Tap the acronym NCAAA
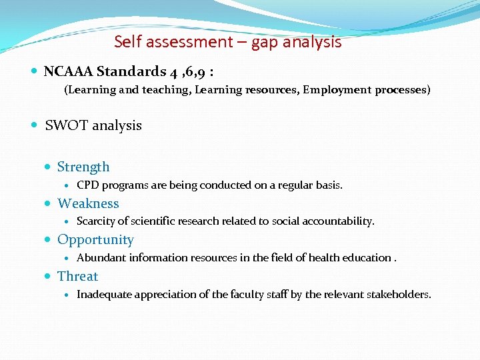coord(69,71)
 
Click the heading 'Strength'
coord(83,167)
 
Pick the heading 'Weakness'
coord(88,203)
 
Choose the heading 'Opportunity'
coord(95,239)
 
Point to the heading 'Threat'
coord(77,276)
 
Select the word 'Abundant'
coord(101,258)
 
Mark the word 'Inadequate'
coord(105,294)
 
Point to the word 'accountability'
coord(340,221)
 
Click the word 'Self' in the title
coord(125,42)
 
